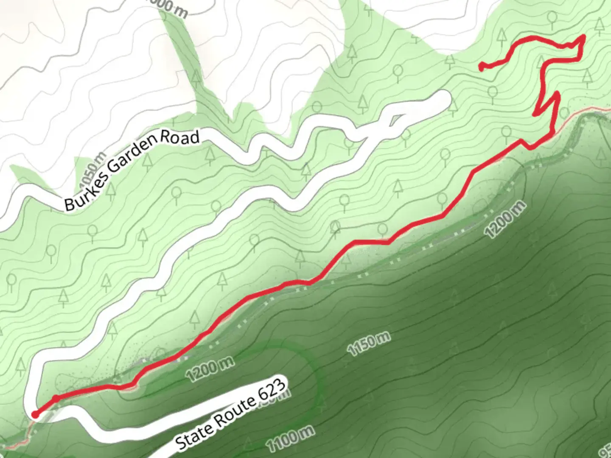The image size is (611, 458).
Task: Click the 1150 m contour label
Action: [x=368, y=344]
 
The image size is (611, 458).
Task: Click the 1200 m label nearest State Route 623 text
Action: [x=210, y=369]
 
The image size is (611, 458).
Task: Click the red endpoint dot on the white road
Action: [x=36, y=414]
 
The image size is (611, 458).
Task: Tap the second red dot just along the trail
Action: [x=56, y=399]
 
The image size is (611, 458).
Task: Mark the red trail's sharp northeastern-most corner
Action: [x=585, y=36]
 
